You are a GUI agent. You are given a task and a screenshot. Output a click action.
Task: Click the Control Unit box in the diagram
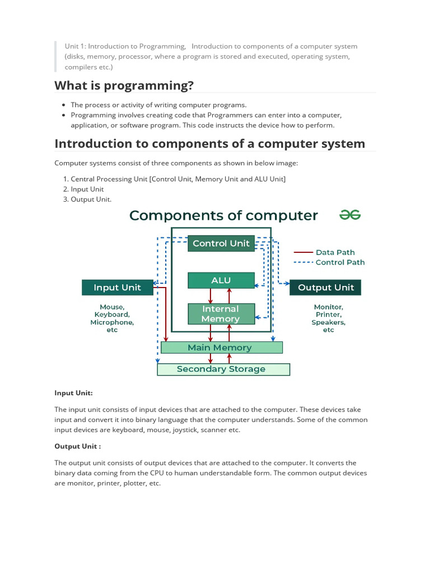point(221,243)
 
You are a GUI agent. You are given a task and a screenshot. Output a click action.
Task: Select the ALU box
point(221,280)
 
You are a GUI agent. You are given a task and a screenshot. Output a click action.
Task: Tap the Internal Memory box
point(221,314)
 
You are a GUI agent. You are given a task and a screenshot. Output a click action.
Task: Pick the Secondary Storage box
point(223,369)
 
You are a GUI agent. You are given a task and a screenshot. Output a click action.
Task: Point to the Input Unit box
point(117,288)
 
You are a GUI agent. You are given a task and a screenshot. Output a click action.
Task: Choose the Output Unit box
point(325,288)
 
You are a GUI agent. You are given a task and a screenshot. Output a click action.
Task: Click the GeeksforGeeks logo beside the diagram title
point(350,215)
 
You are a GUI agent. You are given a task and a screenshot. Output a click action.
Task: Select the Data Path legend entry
point(335,253)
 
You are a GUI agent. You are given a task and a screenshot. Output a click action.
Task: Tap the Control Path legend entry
point(339,262)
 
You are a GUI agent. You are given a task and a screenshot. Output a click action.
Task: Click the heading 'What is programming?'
point(124,85)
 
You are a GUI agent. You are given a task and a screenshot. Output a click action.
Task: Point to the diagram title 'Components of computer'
point(223,215)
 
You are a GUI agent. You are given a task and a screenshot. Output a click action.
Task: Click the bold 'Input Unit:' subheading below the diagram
point(73,393)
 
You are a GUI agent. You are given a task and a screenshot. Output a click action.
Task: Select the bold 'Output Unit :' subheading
point(77,446)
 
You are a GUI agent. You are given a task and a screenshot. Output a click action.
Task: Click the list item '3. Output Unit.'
point(91,200)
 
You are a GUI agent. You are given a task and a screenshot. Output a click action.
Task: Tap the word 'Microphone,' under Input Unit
point(112,322)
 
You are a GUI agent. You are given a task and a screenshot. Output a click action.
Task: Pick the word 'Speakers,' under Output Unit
point(328,322)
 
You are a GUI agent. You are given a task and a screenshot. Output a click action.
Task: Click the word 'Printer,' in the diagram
point(328,315)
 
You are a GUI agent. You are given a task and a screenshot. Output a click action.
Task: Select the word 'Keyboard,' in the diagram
point(112,315)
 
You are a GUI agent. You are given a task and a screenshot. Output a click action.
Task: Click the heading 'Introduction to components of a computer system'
point(209,143)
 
